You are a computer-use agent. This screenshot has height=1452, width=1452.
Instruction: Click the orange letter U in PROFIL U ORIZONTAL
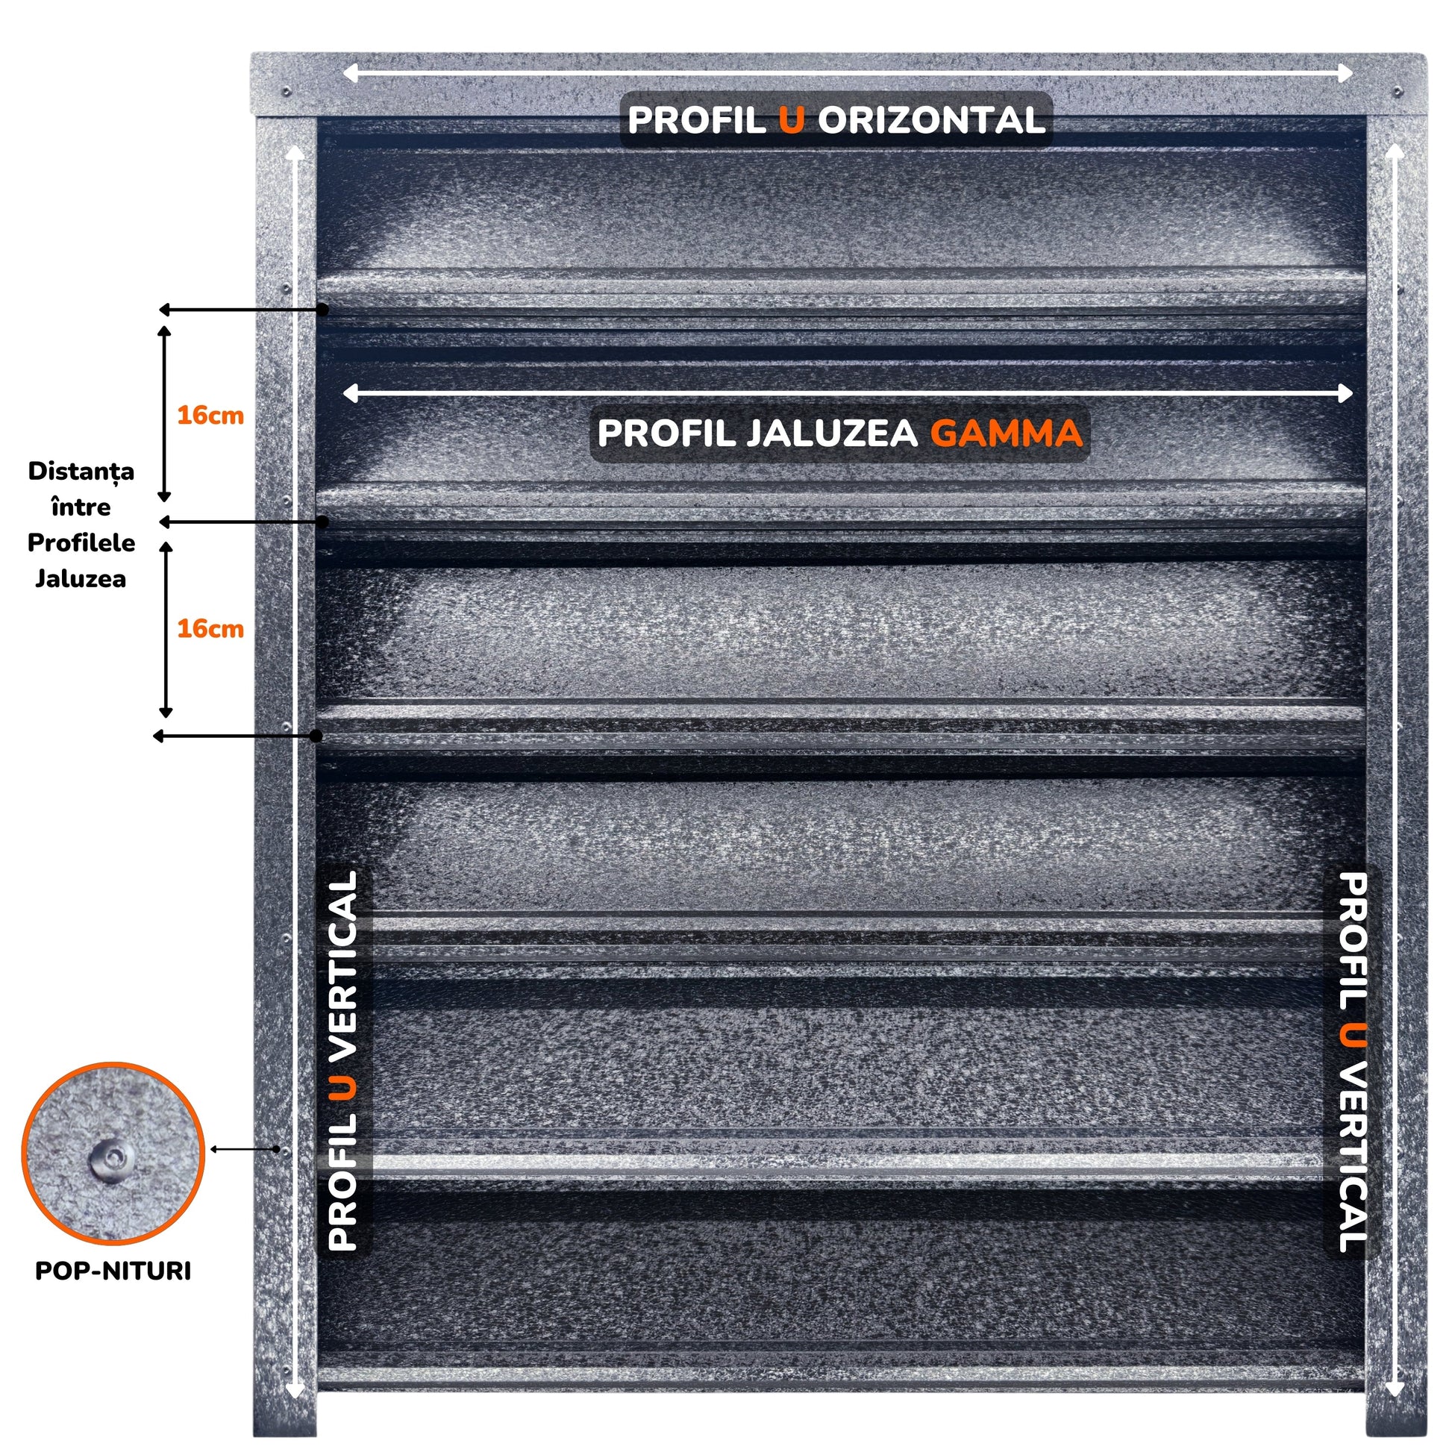[792, 120]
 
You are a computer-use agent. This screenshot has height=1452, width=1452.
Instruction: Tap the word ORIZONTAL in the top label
[931, 120]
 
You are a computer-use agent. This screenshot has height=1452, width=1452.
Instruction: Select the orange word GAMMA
[1007, 433]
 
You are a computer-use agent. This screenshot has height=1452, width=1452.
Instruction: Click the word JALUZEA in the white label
[832, 433]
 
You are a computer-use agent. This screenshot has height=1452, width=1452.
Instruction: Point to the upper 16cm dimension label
[210, 416]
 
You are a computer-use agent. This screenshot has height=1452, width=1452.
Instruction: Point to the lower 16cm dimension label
[210, 628]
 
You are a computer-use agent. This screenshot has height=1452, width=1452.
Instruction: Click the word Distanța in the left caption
[81, 472]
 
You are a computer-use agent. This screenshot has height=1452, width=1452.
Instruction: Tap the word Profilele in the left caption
[81, 542]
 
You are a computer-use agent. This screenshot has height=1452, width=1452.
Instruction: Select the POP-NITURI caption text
[113, 1271]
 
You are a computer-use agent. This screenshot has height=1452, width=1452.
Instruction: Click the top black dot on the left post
[322, 309]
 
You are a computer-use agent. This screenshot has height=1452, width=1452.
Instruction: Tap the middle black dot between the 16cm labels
[322, 521]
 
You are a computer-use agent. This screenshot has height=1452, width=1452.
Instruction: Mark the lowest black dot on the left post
[317, 736]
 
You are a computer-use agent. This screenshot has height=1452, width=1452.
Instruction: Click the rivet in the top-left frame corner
[287, 92]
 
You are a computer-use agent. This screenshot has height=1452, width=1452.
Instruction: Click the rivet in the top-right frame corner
[1397, 92]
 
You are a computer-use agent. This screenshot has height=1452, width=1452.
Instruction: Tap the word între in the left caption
[81, 507]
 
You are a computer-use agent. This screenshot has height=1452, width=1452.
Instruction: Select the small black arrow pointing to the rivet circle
[245, 1149]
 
